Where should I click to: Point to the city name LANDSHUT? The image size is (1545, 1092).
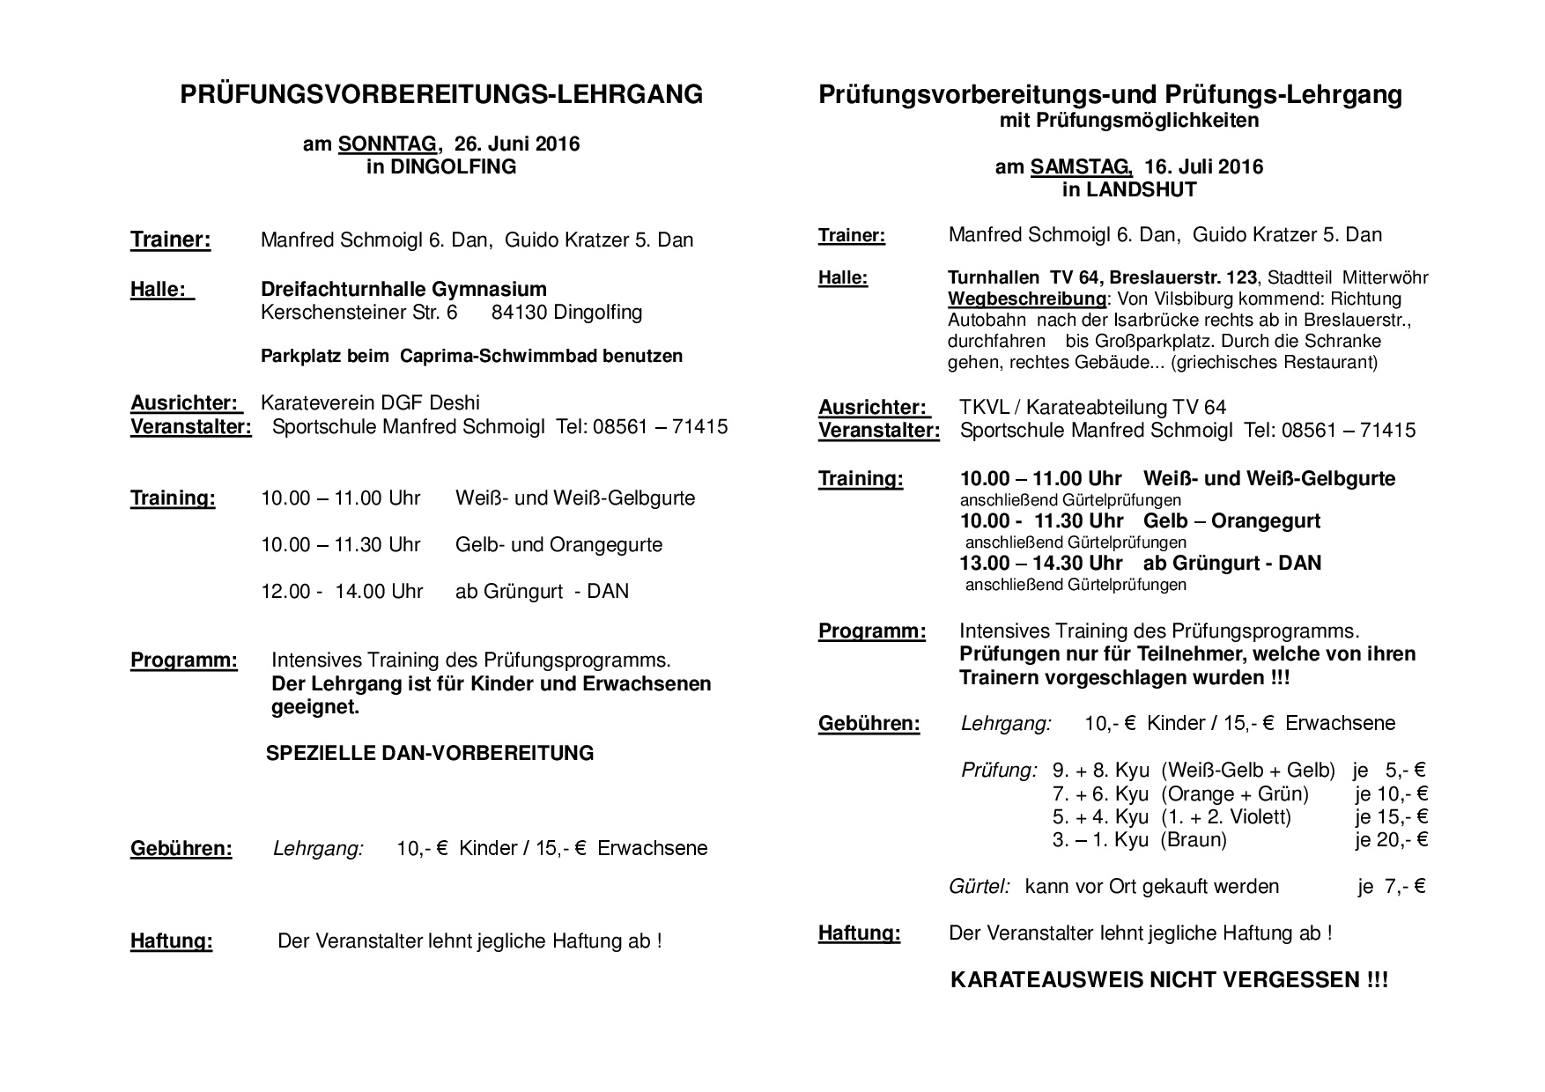point(1141,190)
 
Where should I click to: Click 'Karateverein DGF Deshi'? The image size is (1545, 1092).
point(370,403)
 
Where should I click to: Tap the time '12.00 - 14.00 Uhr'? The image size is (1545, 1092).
point(342,591)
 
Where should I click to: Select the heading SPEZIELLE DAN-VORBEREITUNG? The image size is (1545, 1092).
point(430,753)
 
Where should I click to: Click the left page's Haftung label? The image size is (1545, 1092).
point(171,941)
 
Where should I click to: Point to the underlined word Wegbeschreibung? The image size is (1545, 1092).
point(1026,299)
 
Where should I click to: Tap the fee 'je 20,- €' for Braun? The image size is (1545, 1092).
point(1391,840)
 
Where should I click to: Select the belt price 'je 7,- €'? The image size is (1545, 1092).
point(1391,887)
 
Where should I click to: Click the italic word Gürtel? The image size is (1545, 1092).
point(979,887)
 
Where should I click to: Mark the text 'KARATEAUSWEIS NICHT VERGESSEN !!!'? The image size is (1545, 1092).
point(1169,981)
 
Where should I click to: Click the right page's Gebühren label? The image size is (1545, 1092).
point(869,724)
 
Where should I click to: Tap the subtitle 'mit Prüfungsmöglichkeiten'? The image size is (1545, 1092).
point(1128,121)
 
